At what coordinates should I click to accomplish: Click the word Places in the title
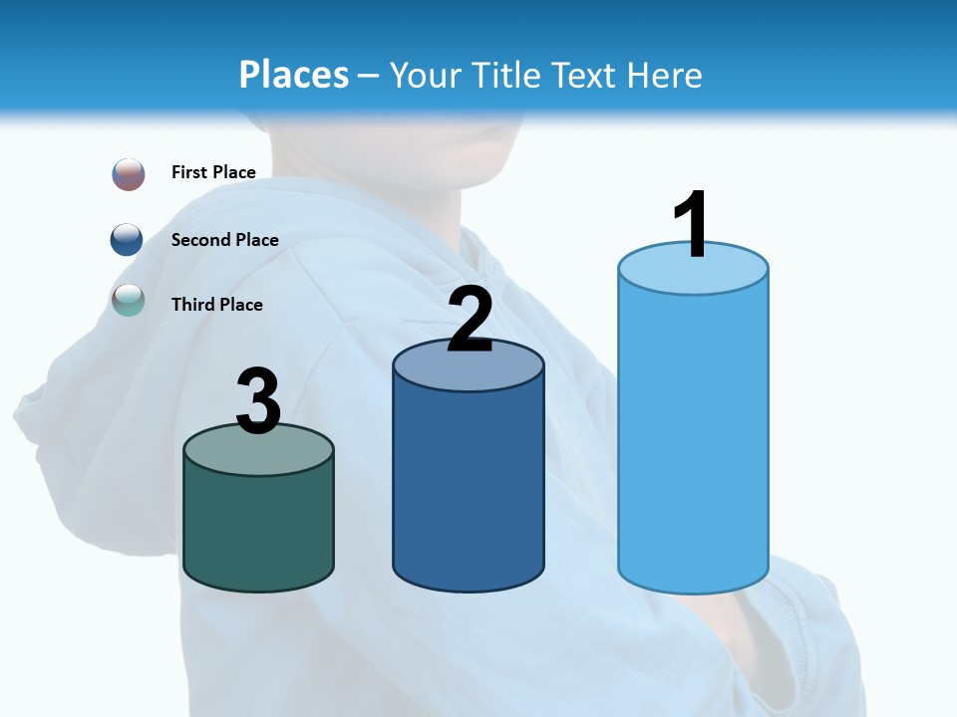click(294, 75)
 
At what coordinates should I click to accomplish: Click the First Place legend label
click(213, 172)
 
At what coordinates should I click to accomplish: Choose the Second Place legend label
click(224, 239)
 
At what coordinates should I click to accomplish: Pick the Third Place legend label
click(216, 305)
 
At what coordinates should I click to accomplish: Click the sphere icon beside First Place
click(129, 174)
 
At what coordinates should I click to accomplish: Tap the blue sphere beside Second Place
click(127, 240)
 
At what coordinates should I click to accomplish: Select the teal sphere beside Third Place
click(129, 300)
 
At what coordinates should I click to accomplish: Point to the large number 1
click(692, 225)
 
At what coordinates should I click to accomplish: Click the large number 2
click(470, 320)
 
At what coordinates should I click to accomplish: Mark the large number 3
click(258, 402)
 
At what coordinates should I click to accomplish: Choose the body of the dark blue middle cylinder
click(469, 488)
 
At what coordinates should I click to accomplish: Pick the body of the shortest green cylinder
click(258, 528)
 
